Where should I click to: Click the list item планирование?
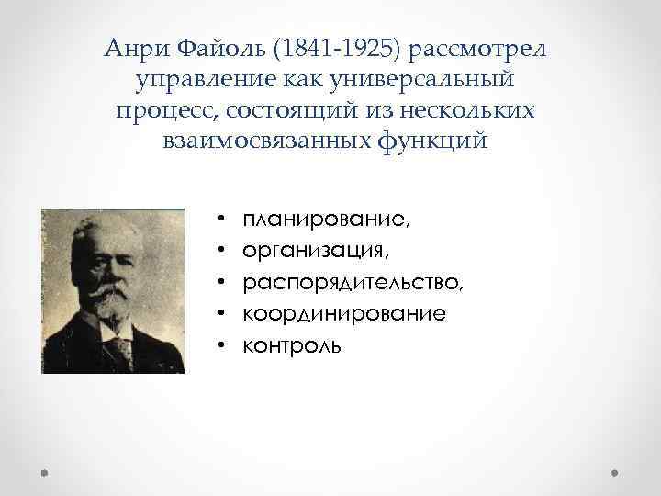[x=327, y=220]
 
